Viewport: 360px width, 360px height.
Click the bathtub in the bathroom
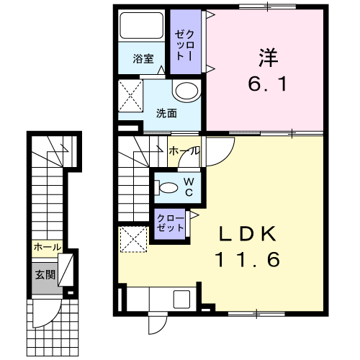pos(142,25)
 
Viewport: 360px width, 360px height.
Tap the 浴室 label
pos(143,58)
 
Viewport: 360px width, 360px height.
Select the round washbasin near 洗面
pos(186,91)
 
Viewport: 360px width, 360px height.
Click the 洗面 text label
pos(166,113)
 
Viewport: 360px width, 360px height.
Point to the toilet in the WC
pos(166,188)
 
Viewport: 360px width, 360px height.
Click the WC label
pos(189,187)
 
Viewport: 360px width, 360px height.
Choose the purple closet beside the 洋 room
pos(186,42)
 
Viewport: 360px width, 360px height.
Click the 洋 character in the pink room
pos(268,58)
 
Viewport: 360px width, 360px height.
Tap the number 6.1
pos(267,84)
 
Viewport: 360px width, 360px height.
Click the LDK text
pos(248,234)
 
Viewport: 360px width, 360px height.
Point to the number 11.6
pos(248,260)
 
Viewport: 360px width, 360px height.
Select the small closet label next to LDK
pos(171,223)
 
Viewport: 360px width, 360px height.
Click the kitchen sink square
pos(182,300)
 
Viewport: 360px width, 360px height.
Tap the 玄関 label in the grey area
pos(45,275)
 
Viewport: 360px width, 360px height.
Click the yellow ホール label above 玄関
pos(48,247)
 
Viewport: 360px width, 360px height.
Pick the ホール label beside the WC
pos(184,151)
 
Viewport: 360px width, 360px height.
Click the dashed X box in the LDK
pos(133,239)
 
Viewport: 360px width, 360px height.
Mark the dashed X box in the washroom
pos(130,96)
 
